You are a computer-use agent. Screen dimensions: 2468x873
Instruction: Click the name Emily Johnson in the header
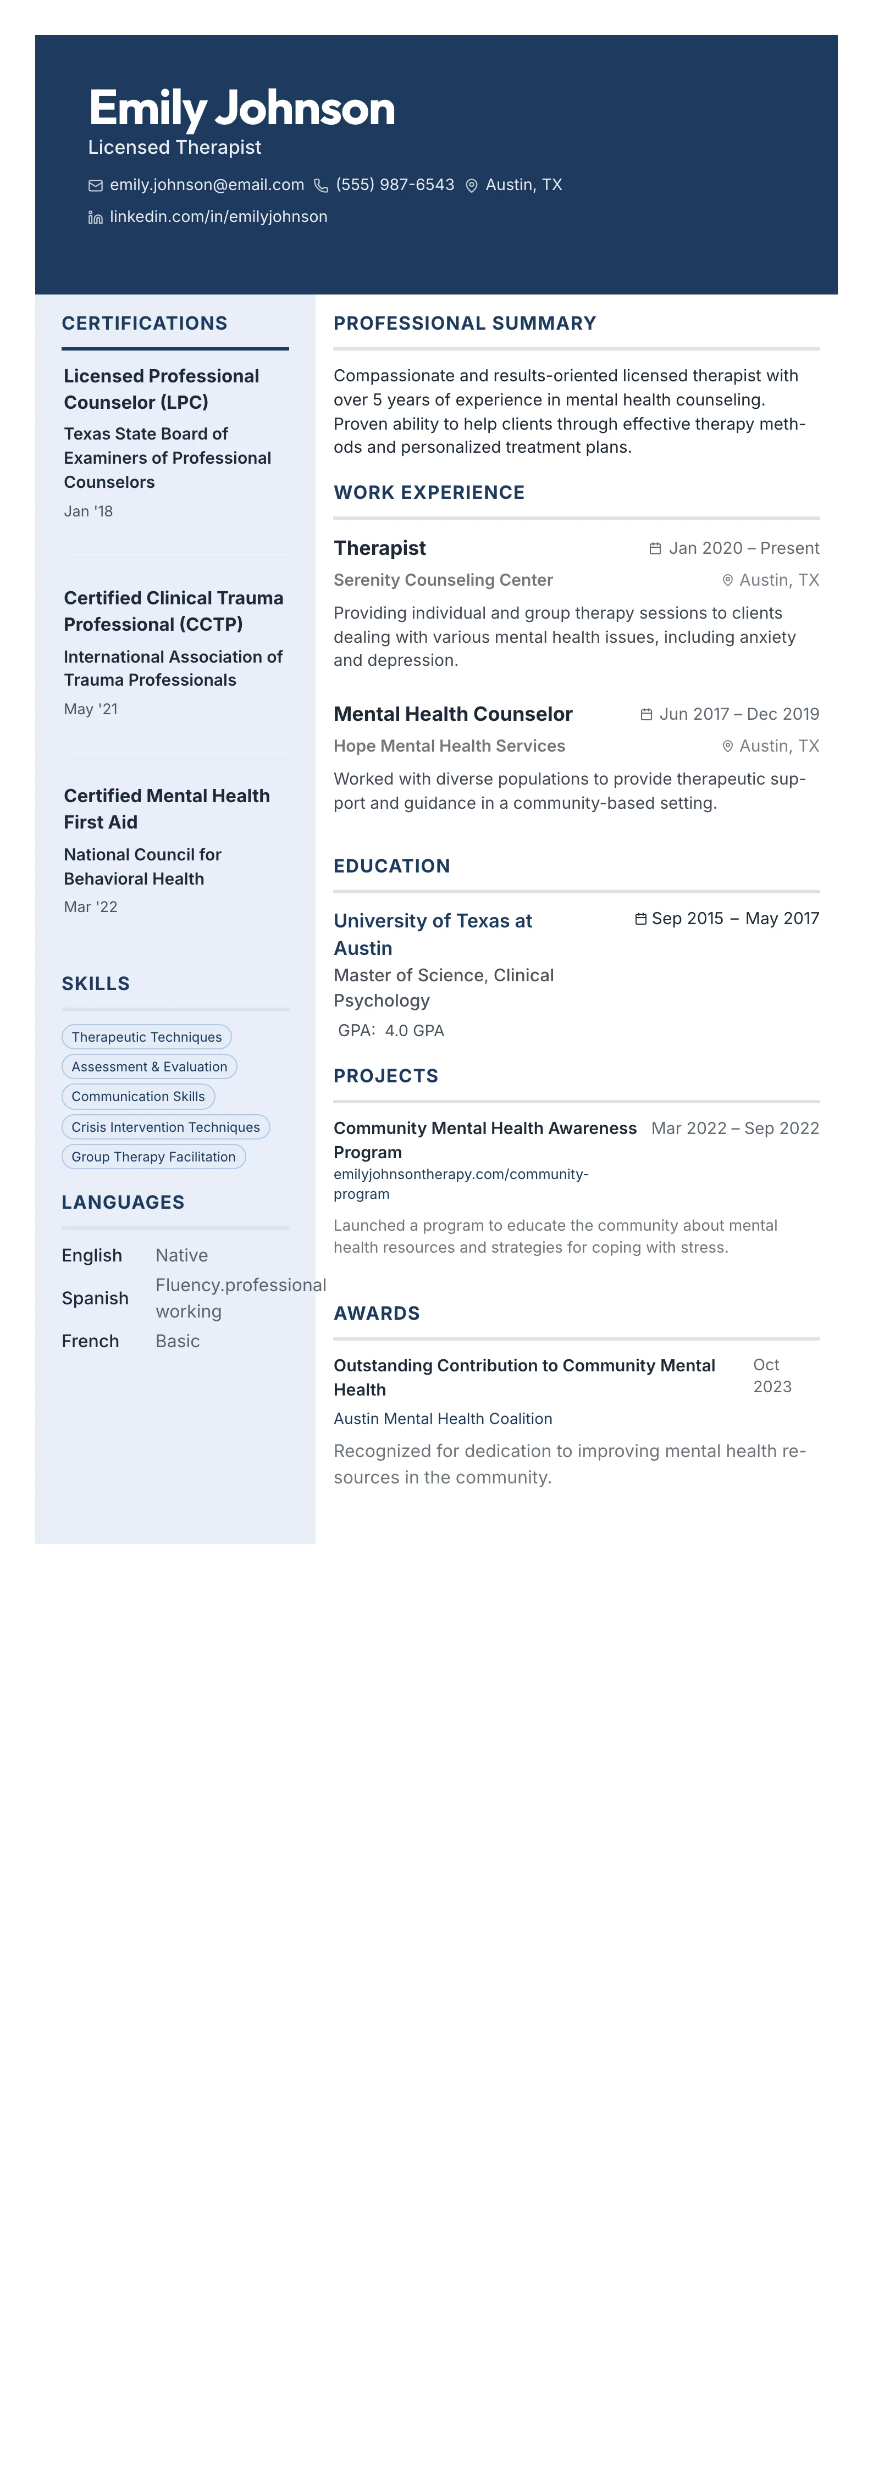tap(241, 108)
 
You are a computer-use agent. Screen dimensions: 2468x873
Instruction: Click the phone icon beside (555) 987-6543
tap(321, 186)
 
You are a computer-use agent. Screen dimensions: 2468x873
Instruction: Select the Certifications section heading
tap(145, 324)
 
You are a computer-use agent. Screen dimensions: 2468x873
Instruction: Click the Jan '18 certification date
tap(88, 512)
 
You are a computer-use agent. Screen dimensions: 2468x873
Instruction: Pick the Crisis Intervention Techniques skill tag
tap(166, 1127)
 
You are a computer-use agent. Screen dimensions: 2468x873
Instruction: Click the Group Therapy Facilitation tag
tap(153, 1157)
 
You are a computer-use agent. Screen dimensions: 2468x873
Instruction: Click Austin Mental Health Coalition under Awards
tap(443, 1420)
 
